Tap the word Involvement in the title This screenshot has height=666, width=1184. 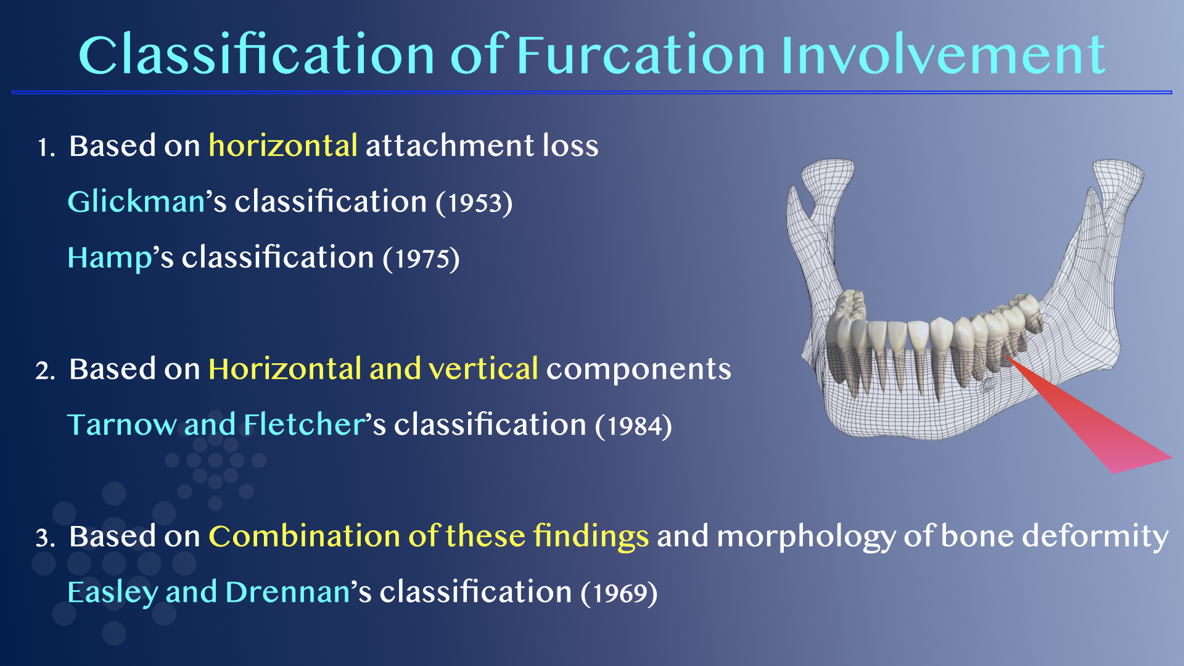943,55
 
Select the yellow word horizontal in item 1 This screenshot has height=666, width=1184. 283,146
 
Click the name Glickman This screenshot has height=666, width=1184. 136,202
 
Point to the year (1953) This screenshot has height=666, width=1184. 474,203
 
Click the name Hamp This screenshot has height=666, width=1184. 110,258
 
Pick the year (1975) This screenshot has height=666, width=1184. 421,258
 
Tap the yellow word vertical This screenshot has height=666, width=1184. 483,369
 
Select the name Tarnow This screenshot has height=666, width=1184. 121,425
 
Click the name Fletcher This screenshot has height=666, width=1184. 305,424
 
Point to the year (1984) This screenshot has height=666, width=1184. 633,426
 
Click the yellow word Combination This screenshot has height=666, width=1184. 305,536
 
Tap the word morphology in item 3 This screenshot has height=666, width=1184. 806,537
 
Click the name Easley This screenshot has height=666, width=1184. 113,593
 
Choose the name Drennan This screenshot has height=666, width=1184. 288,592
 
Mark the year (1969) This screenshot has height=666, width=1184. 619,593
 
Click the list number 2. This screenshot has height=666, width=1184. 45,371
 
